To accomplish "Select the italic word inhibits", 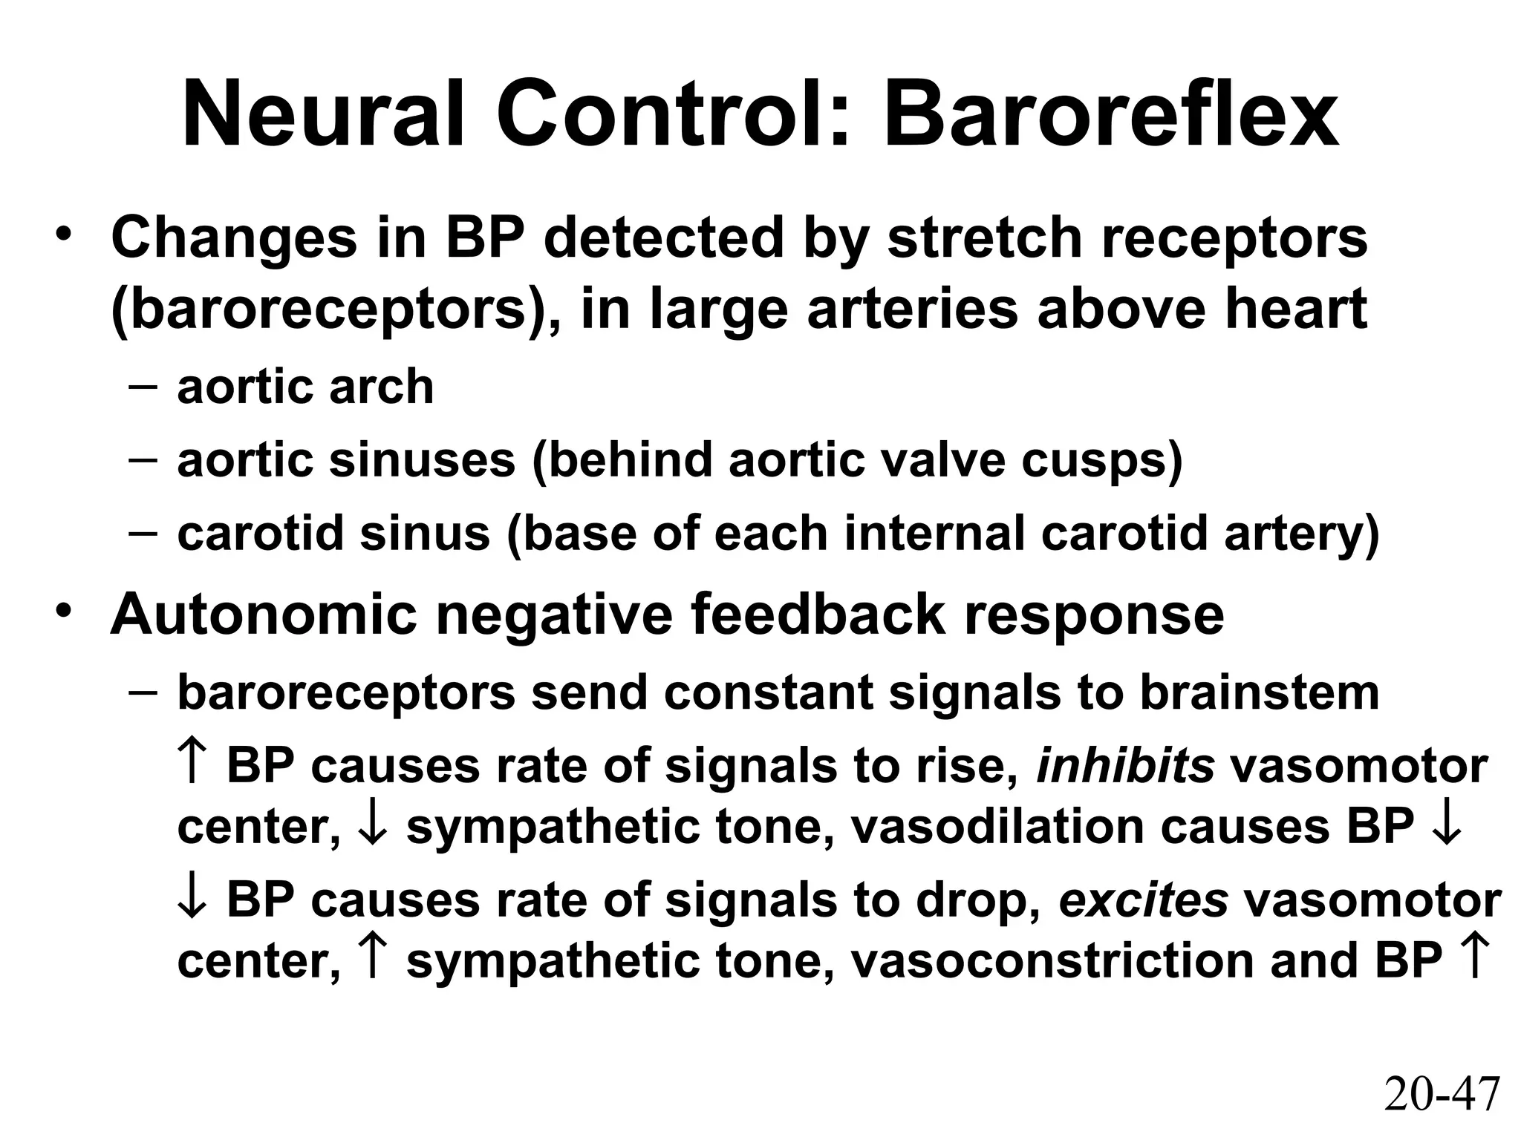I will click(1124, 766).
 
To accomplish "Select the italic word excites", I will click(1143, 900).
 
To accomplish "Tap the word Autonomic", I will click(263, 615).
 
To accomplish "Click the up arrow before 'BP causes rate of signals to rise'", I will click(191, 764).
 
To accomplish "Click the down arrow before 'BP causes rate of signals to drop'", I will click(191, 900).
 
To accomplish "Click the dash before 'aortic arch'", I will click(142, 387).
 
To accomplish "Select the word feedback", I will click(818, 615).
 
